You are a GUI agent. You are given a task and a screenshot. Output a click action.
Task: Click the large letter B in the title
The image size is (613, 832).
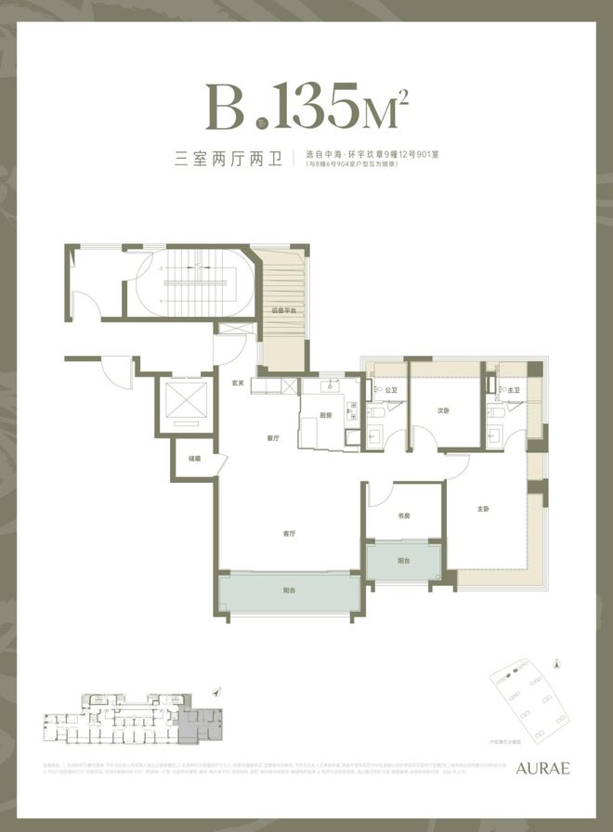[228, 109]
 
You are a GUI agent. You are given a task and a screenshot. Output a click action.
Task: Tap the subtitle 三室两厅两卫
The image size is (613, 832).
[228, 157]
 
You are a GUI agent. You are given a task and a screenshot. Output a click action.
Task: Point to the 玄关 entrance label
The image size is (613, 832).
[238, 383]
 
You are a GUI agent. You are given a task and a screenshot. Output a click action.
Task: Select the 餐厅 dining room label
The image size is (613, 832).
[273, 438]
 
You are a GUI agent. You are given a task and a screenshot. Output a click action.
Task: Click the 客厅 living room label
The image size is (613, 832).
[289, 534]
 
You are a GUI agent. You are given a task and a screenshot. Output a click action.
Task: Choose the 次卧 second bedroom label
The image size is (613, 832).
[445, 410]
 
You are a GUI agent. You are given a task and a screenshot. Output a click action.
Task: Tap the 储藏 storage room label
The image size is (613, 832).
[194, 458]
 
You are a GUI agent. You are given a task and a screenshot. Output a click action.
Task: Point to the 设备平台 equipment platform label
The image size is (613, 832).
[283, 311]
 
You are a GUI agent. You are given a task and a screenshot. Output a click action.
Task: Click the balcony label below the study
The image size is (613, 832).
[403, 562]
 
